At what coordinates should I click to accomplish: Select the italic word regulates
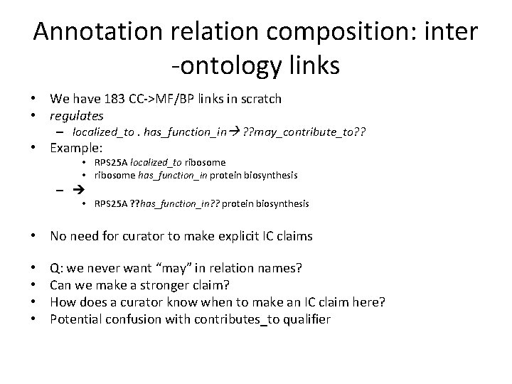click(77, 114)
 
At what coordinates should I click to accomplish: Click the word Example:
click(76, 149)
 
